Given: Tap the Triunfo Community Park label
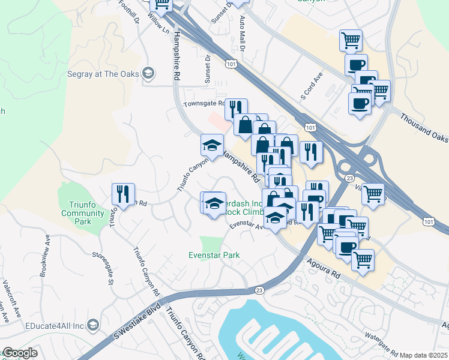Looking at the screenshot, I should pos(83,212).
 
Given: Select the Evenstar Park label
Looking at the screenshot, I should pos(215,255).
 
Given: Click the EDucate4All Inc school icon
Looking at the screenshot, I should pos(93,325).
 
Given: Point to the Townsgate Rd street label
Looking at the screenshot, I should pos(203,103).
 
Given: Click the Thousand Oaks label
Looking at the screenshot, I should pos(424,128).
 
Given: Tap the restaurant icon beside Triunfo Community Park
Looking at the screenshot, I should pos(122,194).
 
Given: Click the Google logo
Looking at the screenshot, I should pos(19,353).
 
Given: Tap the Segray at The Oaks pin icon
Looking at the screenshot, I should pos(148,74).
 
